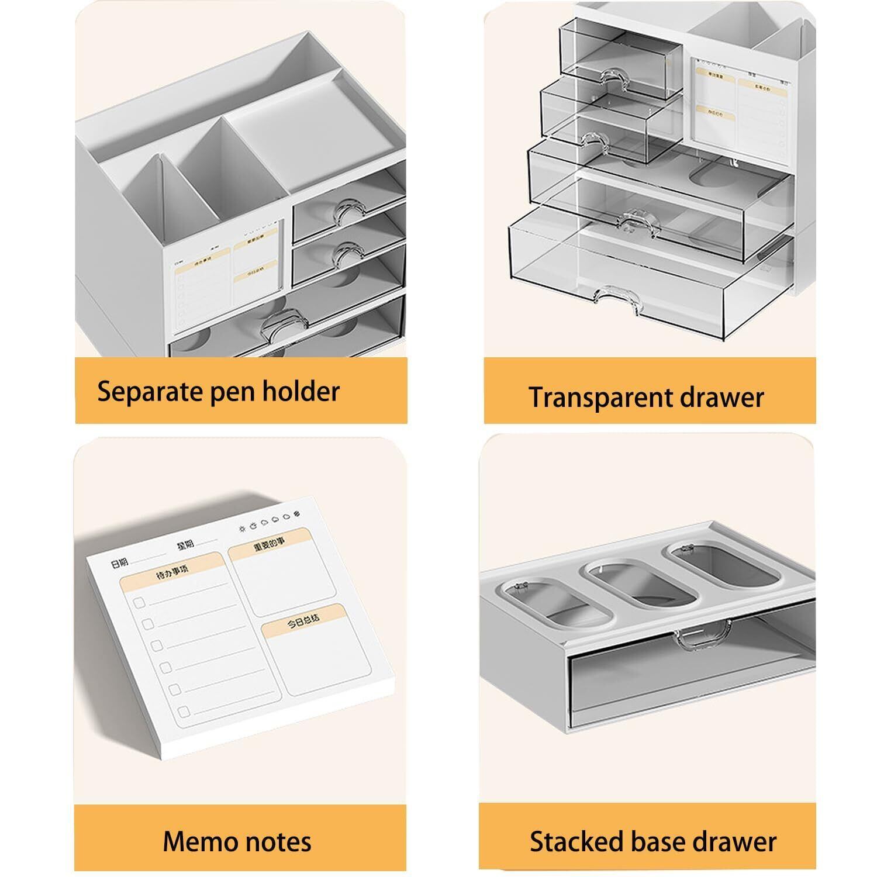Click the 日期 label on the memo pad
click(119, 564)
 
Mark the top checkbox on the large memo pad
click(139, 602)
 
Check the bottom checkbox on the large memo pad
click(184, 712)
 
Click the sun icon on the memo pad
click(243, 529)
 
